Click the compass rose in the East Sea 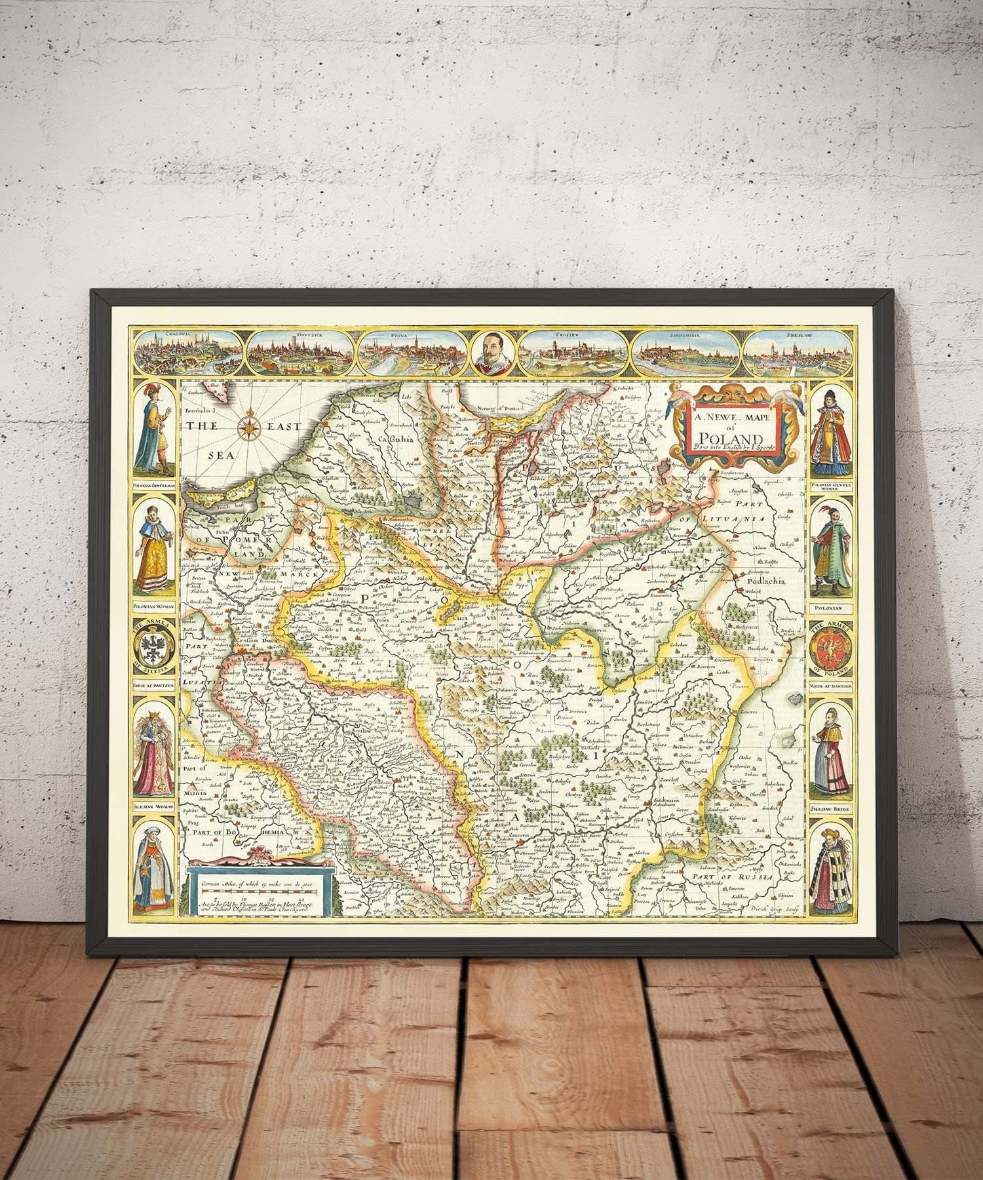250,425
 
